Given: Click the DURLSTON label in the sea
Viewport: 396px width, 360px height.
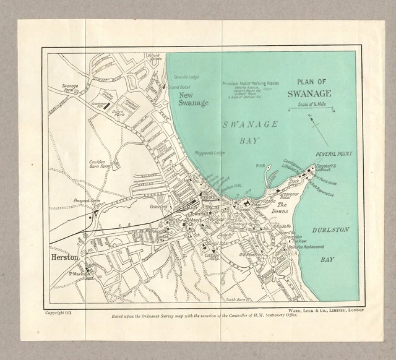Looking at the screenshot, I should (330, 230).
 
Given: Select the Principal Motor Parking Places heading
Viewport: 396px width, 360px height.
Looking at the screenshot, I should (251, 83).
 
